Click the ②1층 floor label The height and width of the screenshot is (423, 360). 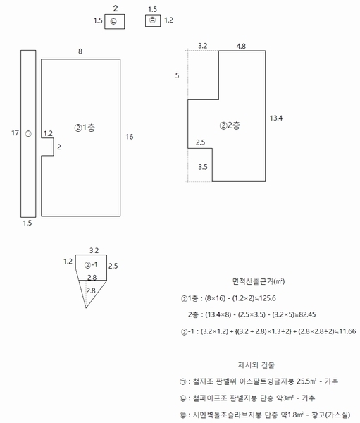click(85, 128)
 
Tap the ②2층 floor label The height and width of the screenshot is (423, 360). click(230, 125)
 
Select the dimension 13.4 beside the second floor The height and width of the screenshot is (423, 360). click(276, 118)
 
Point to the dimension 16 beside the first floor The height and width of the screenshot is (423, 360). click(130, 137)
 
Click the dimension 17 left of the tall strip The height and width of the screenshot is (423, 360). click(15, 133)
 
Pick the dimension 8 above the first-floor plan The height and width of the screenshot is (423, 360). click(80, 51)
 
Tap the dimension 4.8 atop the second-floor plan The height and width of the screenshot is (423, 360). click(241, 46)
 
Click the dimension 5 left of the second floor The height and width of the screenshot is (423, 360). click(177, 75)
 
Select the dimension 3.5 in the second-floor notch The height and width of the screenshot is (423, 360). click(203, 167)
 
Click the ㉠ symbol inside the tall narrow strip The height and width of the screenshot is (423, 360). click(28, 133)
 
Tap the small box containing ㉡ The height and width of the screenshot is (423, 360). click(115, 22)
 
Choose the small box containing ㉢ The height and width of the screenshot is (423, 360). click(153, 20)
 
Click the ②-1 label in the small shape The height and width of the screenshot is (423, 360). click(91, 265)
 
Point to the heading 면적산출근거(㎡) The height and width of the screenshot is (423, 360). click(259, 281)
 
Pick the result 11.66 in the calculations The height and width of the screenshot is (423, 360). click(347, 331)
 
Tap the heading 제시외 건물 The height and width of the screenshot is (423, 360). click(256, 365)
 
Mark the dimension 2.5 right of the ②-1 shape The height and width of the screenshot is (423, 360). click(113, 266)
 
